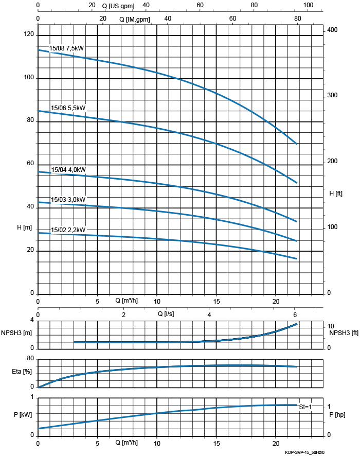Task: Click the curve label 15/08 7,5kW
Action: coord(66,48)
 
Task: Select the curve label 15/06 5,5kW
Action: coord(68,108)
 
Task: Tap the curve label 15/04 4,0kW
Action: coord(68,170)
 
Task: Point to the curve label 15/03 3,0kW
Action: coord(68,200)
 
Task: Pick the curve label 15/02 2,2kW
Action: coord(68,230)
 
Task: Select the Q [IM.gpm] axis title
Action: coord(135,19)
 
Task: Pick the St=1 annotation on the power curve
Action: coord(305,407)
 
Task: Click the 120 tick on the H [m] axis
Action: coord(28,34)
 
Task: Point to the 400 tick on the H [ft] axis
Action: coord(332,30)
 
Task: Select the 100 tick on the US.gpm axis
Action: coord(308,5)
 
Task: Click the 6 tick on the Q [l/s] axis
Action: coord(295,315)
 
